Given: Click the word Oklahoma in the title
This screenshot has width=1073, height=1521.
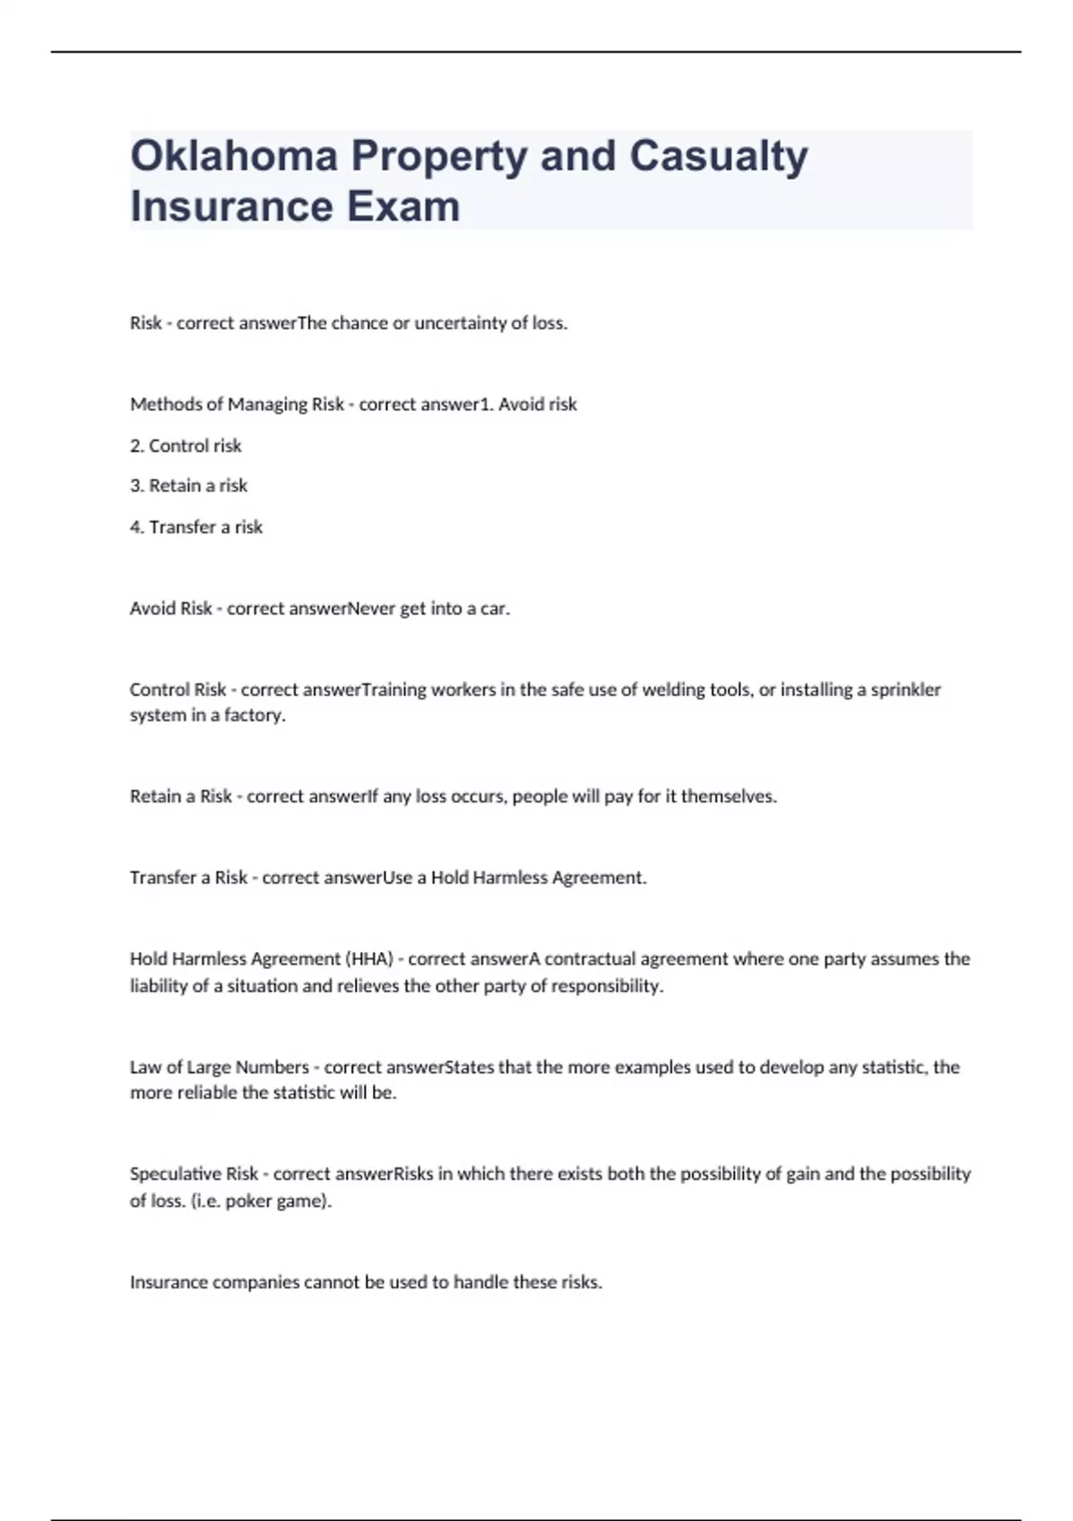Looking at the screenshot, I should [x=233, y=156].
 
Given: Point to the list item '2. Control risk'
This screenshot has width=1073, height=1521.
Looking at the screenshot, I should [x=186, y=446].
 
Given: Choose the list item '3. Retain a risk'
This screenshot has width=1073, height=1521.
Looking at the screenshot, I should [x=189, y=486].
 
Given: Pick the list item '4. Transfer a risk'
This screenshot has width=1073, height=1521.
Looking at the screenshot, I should [x=196, y=527].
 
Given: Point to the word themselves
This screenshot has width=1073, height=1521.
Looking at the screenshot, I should [x=728, y=796].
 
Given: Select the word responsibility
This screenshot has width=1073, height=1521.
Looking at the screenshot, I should [x=606, y=986].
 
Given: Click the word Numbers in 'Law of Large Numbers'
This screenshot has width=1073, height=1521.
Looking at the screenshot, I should [x=272, y=1067].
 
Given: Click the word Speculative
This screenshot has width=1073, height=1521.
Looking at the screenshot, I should [x=174, y=1174].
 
